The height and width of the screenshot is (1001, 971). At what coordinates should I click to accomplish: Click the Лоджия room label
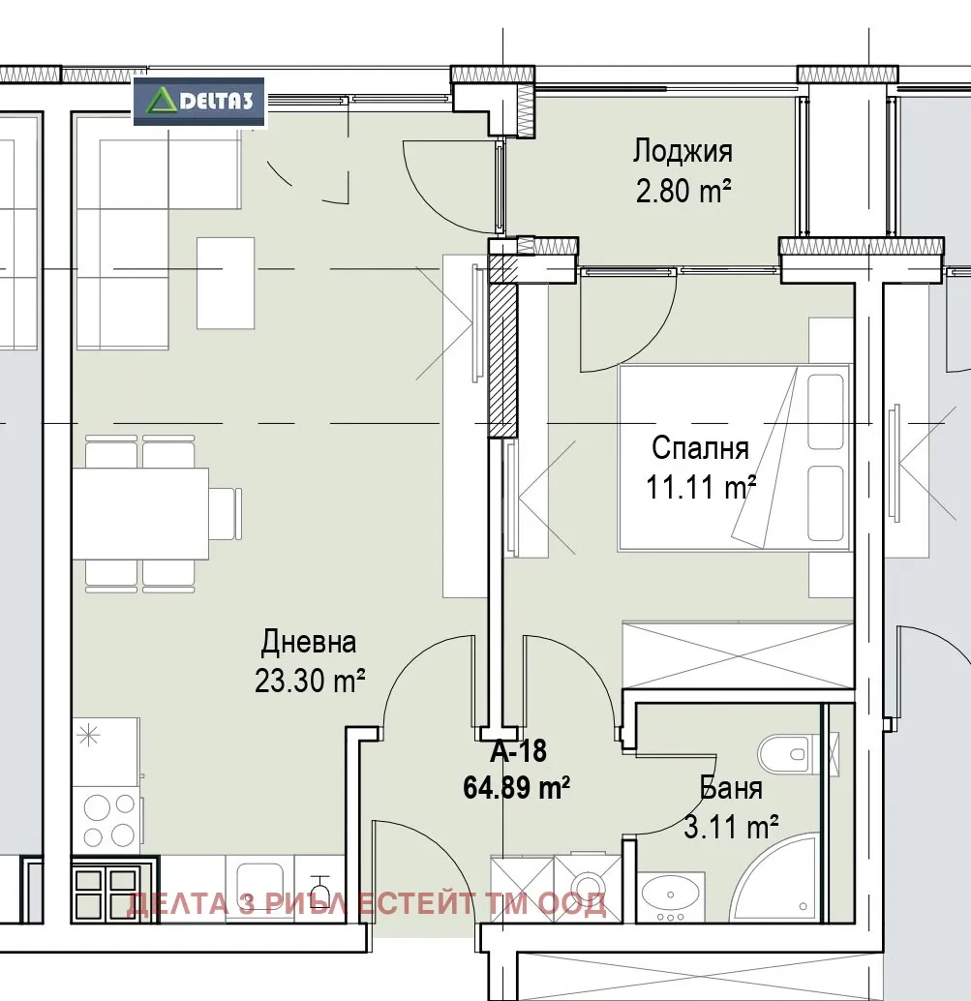pyautogui.click(x=683, y=153)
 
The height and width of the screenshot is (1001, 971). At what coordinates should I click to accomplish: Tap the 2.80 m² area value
pyautogui.click(x=683, y=191)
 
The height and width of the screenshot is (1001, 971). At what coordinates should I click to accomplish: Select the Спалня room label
pyautogui.click(x=700, y=448)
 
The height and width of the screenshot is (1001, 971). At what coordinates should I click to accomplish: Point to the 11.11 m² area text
pyautogui.click(x=700, y=487)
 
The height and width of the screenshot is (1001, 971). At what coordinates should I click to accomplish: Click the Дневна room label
pyautogui.click(x=309, y=642)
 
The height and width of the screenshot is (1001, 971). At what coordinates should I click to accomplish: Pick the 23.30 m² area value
pyautogui.click(x=310, y=681)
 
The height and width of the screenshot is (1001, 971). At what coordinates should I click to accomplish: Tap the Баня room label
pyautogui.click(x=731, y=788)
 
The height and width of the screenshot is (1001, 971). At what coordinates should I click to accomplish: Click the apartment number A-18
pyautogui.click(x=518, y=751)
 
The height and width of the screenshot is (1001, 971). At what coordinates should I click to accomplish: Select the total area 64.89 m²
pyautogui.click(x=516, y=788)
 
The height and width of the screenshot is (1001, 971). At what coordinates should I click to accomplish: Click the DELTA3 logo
pyautogui.click(x=199, y=102)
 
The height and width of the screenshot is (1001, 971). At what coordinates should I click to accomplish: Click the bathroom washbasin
pyautogui.click(x=670, y=897)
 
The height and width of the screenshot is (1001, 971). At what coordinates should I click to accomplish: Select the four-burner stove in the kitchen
pyautogui.click(x=106, y=820)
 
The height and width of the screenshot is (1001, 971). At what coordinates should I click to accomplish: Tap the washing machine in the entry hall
pyautogui.click(x=588, y=888)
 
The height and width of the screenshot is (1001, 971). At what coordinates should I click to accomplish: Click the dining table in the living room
pyautogui.click(x=140, y=513)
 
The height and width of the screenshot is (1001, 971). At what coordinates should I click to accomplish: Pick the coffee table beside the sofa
pyautogui.click(x=226, y=283)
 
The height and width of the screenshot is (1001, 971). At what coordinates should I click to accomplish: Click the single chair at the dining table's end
pyautogui.click(x=226, y=513)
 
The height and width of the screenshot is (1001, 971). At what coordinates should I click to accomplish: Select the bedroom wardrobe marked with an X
pyautogui.click(x=738, y=654)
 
